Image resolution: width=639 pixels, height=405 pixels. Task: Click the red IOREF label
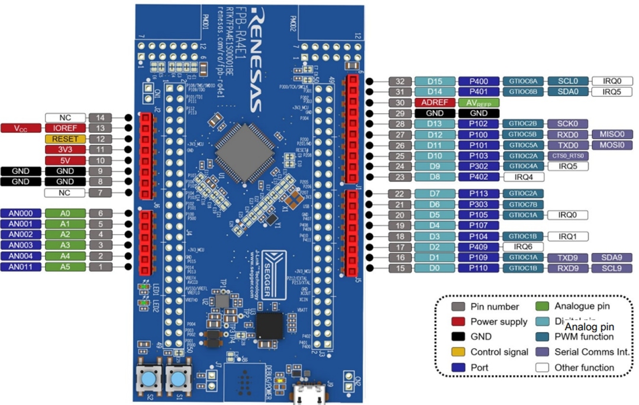pos(66,128)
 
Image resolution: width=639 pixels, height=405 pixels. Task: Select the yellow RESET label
pos(66,139)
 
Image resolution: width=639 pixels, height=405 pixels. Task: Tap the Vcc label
pos(21,128)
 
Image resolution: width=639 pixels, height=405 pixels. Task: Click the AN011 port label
pos(21,266)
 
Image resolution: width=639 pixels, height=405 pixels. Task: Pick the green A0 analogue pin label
pos(66,213)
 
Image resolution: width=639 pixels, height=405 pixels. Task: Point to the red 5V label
pos(66,160)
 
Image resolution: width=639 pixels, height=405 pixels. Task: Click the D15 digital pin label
pos(435,81)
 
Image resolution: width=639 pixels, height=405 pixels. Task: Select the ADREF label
pos(435,102)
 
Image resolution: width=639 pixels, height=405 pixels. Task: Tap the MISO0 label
pos(612,134)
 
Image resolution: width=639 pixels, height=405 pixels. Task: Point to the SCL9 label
pos(612,268)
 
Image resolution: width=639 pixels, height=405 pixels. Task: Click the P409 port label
pos(479,247)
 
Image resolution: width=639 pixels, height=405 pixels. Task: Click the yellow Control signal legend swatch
pos(457,352)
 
